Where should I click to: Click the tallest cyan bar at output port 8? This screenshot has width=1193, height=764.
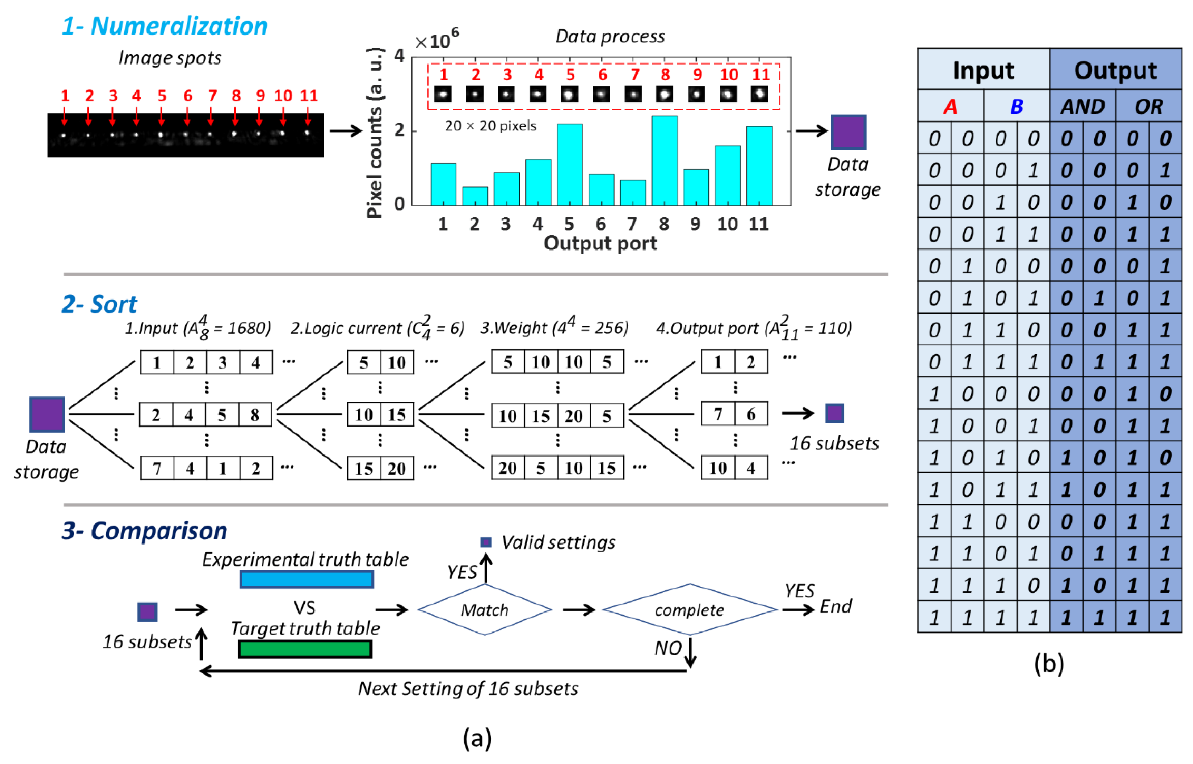pos(664,161)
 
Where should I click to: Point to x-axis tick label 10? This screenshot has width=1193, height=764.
pos(727,224)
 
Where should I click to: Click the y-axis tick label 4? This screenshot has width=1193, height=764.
pos(399,56)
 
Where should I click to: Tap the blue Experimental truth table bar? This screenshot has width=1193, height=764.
pos(306,579)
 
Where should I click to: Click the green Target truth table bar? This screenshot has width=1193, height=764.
pos(305,649)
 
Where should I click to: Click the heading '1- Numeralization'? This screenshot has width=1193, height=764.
pos(164,26)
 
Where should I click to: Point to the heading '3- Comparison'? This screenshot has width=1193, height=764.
pos(144,530)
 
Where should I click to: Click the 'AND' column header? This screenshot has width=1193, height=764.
pos(1082,106)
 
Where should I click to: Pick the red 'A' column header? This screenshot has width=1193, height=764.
pos(950,106)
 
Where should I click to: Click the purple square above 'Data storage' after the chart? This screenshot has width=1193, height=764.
pos(848,132)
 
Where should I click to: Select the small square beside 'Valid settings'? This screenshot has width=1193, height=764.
pos(486,542)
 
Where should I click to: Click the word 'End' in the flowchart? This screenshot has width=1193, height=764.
pos(836,606)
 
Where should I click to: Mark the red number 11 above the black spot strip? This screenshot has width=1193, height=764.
pos(308,95)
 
